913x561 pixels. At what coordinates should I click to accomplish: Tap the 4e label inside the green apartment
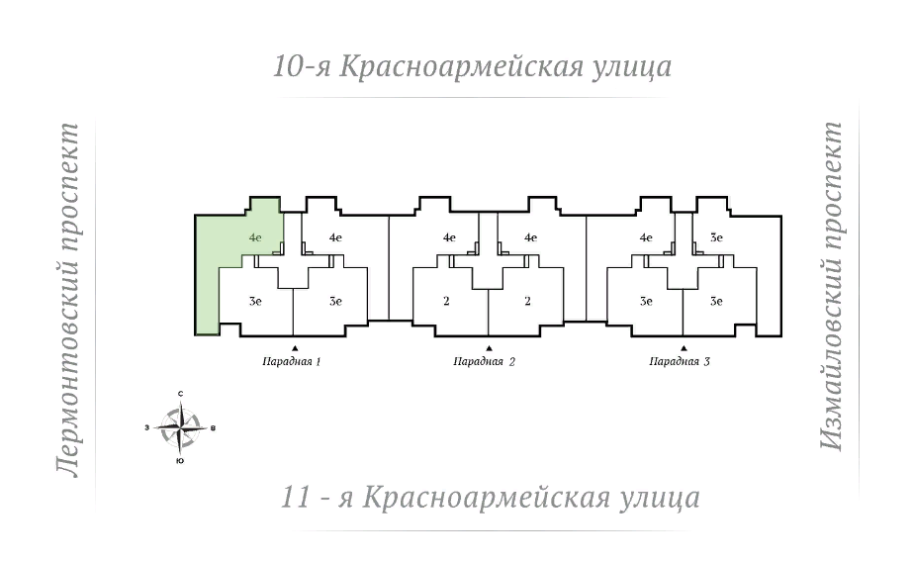pyautogui.click(x=255, y=237)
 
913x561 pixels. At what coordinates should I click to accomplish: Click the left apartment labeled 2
pyautogui.click(x=447, y=301)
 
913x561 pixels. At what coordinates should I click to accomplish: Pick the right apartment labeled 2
pyautogui.click(x=528, y=301)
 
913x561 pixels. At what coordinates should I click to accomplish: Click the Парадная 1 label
pyautogui.click(x=293, y=362)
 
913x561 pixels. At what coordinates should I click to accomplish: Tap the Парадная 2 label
pyautogui.click(x=485, y=362)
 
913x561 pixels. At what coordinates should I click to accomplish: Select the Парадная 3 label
pyautogui.click(x=680, y=362)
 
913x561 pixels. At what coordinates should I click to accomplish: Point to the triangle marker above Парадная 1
pyautogui.click(x=295, y=347)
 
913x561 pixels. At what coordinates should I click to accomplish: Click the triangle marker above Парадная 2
pyautogui.click(x=489, y=347)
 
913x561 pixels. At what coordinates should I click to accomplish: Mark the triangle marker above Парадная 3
pyautogui.click(x=684, y=347)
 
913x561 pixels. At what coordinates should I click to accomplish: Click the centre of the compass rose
pyautogui.click(x=180, y=427)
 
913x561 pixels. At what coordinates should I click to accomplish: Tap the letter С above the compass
pyautogui.click(x=180, y=395)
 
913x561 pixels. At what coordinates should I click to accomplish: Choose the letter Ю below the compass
pyautogui.click(x=179, y=461)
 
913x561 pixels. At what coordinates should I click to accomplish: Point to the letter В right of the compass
pyautogui.click(x=214, y=428)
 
